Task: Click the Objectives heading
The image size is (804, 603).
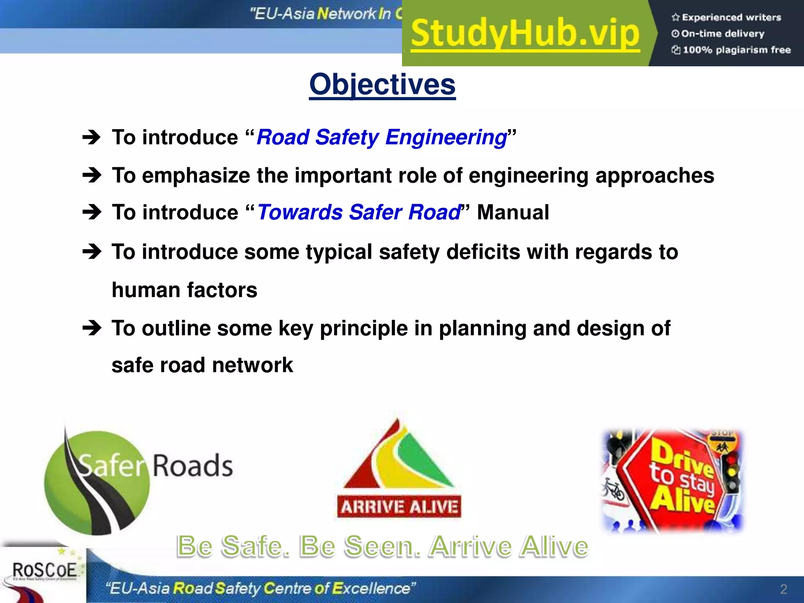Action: [x=382, y=84]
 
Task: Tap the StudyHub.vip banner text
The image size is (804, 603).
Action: [x=525, y=34]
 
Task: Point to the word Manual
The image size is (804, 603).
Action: [x=513, y=212]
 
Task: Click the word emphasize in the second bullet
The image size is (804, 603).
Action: [x=196, y=175]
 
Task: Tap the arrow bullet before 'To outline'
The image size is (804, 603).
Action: [x=92, y=328]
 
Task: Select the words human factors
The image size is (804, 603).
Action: [x=185, y=290]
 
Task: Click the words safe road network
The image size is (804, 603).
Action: [x=202, y=365]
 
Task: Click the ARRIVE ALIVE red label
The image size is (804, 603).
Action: [x=399, y=507]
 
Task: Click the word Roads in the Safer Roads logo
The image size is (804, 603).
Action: [x=192, y=466]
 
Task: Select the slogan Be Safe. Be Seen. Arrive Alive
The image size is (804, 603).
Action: [x=382, y=546]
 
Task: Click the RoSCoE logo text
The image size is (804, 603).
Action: [x=44, y=570]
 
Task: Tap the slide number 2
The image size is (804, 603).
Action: [x=784, y=589]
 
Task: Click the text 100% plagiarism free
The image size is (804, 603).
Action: [x=736, y=50]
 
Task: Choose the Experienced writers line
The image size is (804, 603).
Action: [x=731, y=17]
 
